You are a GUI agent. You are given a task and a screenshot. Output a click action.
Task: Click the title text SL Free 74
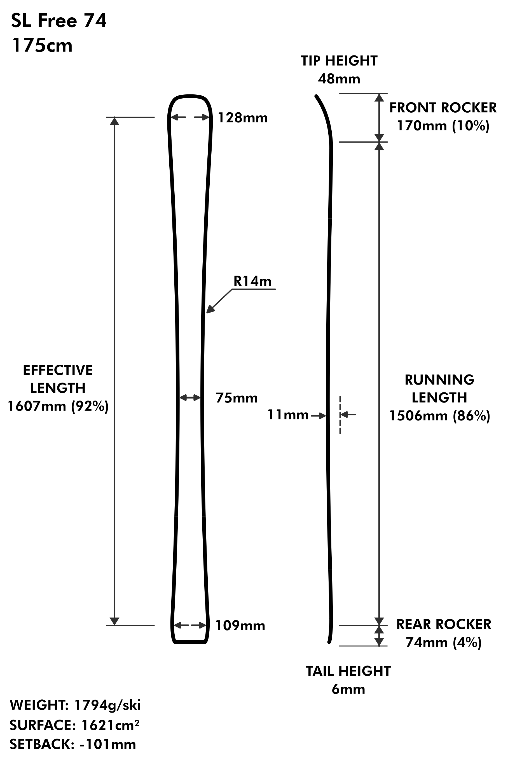tap(59, 21)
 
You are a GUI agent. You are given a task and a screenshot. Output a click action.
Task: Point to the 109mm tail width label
tap(240, 626)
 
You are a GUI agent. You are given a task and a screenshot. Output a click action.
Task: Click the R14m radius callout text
tap(252, 281)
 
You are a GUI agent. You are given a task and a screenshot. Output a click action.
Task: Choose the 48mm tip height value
tap(339, 79)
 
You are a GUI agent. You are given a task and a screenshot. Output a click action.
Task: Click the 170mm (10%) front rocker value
tap(443, 126)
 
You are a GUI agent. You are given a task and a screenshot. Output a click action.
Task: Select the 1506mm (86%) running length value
tap(439, 416)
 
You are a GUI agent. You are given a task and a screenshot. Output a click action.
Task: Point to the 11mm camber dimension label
tap(288, 415)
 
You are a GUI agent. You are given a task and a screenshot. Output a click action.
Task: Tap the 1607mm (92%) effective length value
tap(58, 406)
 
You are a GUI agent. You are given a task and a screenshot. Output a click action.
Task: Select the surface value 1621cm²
tap(110, 726)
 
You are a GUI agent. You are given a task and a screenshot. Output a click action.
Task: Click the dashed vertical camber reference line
tap(340, 415)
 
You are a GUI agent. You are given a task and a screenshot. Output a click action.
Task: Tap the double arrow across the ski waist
tap(190, 398)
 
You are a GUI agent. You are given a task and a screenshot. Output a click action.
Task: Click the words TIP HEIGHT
tap(339, 61)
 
